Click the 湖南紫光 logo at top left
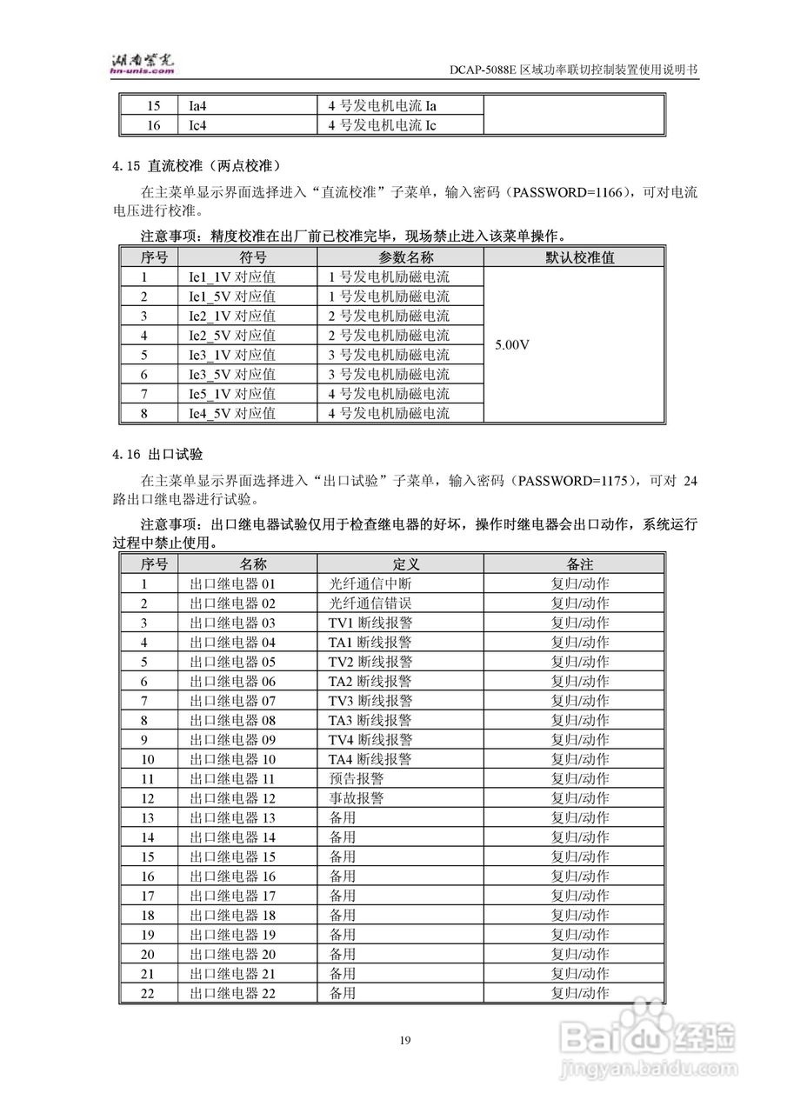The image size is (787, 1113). [143, 62]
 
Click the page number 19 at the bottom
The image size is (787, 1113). [405, 1040]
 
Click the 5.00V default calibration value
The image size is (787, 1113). [512, 345]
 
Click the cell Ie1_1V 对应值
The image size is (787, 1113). [232, 277]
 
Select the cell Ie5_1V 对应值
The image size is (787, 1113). [232, 394]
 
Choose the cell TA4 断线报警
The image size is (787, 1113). [370, 759]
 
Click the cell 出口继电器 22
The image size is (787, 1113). [232, 993]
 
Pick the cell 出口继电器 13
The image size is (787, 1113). [232, 817]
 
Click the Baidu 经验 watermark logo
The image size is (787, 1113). [647, 1035]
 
